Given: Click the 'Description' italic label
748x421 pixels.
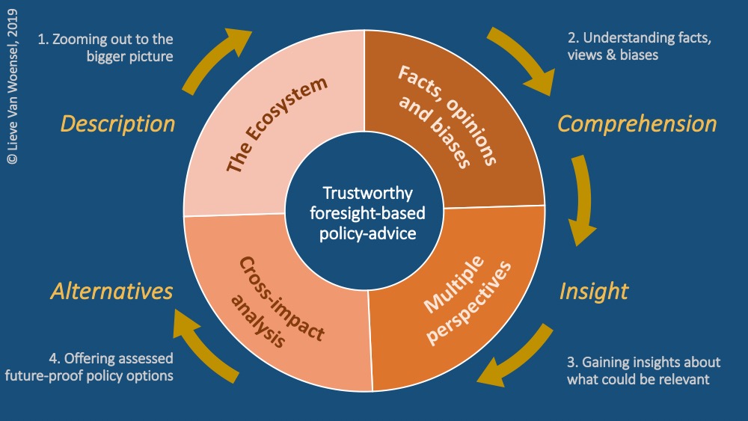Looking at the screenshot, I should click(117, 123).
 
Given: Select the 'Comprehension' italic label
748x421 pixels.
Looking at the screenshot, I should click(637, 123).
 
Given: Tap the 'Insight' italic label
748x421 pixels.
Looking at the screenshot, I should click(594, 291).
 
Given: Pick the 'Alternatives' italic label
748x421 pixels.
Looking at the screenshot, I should click(112, 291).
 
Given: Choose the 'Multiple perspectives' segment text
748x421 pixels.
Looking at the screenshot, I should click(465, 295).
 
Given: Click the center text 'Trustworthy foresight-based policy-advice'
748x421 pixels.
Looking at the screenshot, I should click(367, 214).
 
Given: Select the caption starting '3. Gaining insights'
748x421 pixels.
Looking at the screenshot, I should click(643, 370).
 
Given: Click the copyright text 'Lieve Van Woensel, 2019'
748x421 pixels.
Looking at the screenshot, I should click(13, 82).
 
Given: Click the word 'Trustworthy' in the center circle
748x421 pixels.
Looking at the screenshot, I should click(367, 194).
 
